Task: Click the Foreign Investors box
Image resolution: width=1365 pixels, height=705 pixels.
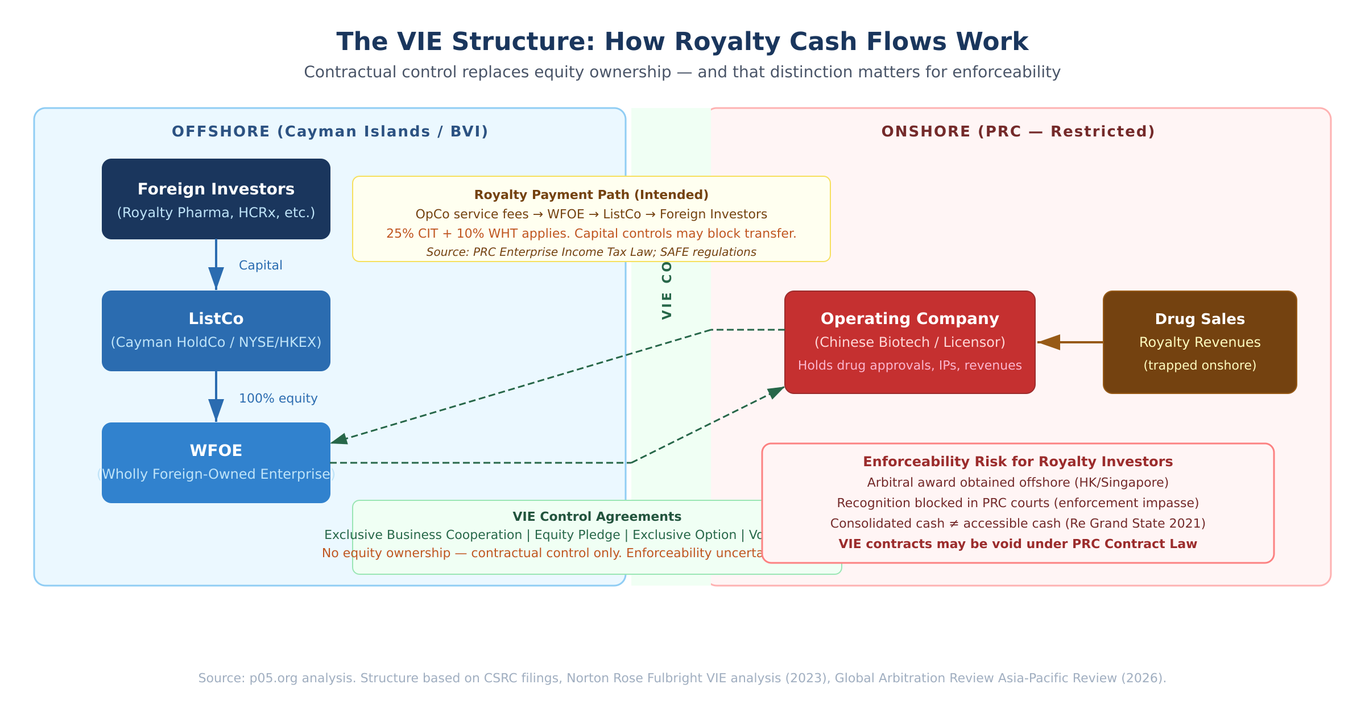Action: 216,199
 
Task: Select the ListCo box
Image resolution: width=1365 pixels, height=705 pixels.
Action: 216,331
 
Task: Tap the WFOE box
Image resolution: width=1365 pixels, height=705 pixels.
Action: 216,463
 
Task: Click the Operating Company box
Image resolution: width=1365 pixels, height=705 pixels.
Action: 910,342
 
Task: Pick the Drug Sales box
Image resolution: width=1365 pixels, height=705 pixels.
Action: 1200,342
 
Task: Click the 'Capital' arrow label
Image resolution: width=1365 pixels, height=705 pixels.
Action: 260,266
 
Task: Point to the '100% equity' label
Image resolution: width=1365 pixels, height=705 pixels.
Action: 278,399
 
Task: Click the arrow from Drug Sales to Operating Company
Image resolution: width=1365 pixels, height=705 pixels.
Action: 1069,342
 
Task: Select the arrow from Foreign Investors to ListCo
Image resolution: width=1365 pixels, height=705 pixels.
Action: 216,264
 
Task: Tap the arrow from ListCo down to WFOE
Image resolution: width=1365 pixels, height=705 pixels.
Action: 216,396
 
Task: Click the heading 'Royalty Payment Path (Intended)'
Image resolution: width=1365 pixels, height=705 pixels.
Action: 591,195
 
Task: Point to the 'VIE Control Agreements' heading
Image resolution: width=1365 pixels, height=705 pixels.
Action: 597,517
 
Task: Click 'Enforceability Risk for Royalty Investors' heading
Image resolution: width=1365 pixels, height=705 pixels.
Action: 1018,462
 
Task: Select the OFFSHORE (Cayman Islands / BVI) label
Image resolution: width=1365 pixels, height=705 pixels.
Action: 330,132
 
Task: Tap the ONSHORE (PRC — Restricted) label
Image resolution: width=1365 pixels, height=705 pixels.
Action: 1018,132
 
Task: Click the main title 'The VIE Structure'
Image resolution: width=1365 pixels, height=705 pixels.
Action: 682,42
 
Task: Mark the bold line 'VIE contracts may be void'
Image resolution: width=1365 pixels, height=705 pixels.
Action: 1018,544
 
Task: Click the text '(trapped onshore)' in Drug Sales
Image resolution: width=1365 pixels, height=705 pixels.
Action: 1200,366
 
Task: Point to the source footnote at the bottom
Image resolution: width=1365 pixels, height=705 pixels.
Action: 682,678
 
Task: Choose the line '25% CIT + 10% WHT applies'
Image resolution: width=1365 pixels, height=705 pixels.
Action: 591,234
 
